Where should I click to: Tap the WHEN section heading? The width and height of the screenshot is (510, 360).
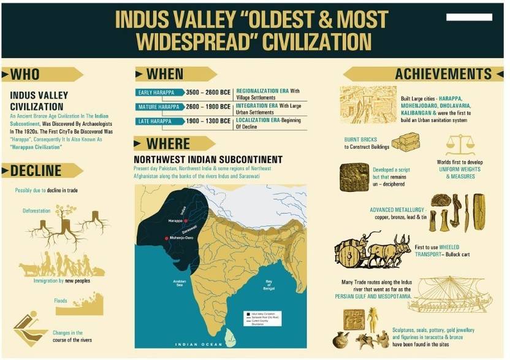(x=164, y=74)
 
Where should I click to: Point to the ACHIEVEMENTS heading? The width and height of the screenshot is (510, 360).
(x=443, y=74)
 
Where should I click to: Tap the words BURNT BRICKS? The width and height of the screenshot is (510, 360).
(x=361, y=139)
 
